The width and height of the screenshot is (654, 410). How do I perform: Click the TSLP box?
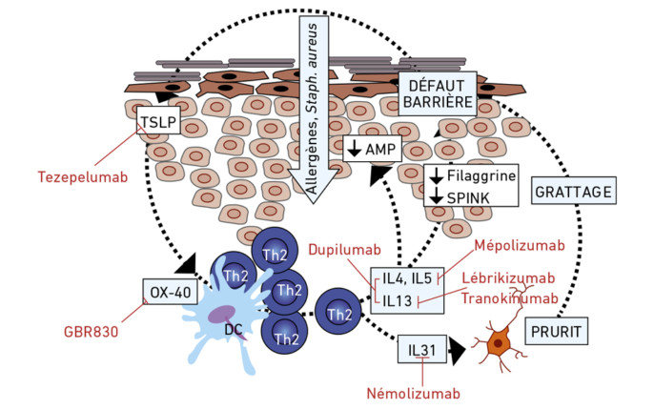click(x=158, y=120)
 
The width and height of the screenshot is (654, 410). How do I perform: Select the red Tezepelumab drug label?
click(x=83, y=176)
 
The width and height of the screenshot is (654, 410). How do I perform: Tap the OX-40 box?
click(x=170, y=292)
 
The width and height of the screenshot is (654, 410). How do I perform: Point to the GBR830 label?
click(x=91, y=332)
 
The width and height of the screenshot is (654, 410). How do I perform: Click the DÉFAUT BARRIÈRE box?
click(x=438, y=93)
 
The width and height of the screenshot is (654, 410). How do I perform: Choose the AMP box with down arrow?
click(x=372, y=149)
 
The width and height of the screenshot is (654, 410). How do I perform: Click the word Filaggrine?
click(x=481, y=175)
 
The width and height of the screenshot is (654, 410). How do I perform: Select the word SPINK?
click(x=468, y=197)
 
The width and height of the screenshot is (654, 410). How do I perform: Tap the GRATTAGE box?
click(x=574, y=192)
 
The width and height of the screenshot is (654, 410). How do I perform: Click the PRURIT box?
click(x=556, y=332)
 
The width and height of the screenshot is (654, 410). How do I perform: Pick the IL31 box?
click(x=422, y=350)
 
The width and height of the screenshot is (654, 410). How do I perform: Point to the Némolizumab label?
click(x=414, y=393)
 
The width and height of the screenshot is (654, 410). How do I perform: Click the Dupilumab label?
click(x=344, y=250)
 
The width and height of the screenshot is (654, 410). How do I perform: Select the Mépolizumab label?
click(x=520, y=245)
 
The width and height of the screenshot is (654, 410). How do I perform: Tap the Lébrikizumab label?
click(x=508, y=277)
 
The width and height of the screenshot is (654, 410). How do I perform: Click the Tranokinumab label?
click(x=510, y=298)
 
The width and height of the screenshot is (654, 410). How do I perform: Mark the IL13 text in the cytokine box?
click(x=397, y=300)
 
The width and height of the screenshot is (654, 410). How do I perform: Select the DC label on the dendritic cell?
click(x=234, y=330)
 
